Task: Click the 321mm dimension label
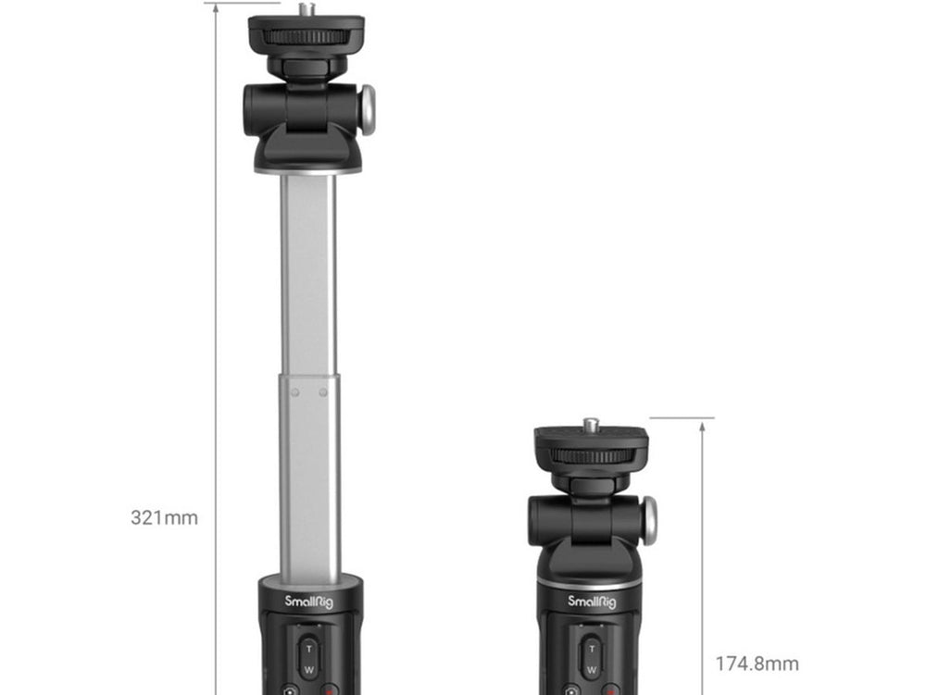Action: [164, 517]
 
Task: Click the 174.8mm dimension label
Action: [757, 664]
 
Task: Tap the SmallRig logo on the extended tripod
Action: [309, 602]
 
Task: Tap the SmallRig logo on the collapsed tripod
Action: [592, 602]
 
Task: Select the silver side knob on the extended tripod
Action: [368, 110]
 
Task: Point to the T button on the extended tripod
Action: [308, 649]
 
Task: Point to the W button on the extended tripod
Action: [308, 670]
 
